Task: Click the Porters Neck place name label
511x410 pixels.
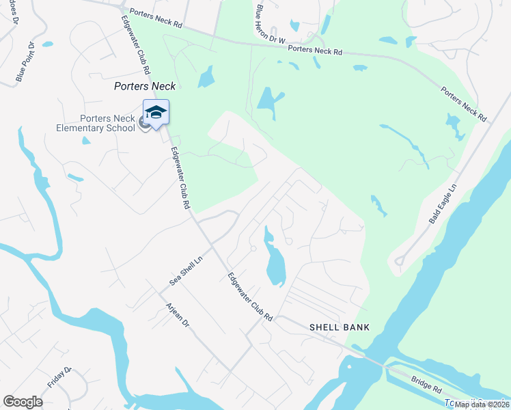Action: [x=144, y=86]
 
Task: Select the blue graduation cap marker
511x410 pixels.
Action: [x=156, y=113]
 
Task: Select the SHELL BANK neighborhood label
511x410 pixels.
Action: [x=340, y=327]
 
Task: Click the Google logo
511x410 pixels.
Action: [x=23, y=401]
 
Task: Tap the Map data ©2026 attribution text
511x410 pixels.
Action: [x=482, y=405]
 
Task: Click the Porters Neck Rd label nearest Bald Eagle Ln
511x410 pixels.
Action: [x=463, y=104]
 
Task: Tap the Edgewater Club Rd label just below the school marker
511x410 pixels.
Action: [x=180, y=178]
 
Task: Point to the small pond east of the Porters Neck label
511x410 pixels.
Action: [x=206, y=79]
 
